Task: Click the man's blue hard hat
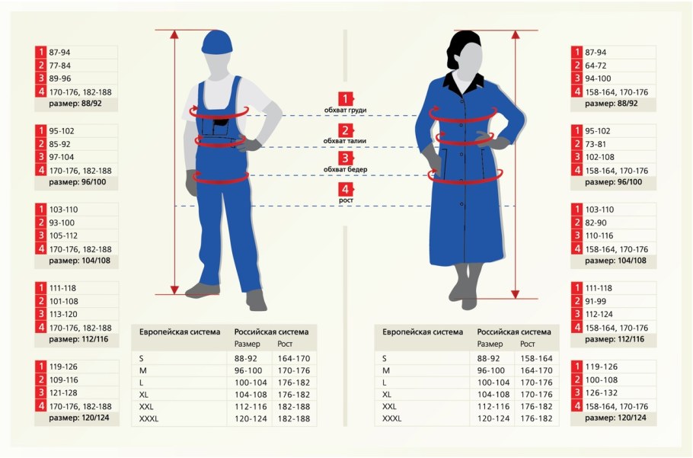point(217,43)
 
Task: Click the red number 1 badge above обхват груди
point(346,99)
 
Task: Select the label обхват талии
point(345,141)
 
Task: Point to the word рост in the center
point(346,200)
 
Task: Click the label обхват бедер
point(345,169)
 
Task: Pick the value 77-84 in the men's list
point(59,66)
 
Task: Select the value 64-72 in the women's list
point(596,66)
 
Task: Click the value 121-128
point(63,392)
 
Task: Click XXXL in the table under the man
point(148,418)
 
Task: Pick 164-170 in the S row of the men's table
point(294,358)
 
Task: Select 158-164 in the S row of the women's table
point(536,358)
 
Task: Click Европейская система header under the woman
point(423,332)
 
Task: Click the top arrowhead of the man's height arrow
point(174,34)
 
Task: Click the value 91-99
point(596,301)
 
